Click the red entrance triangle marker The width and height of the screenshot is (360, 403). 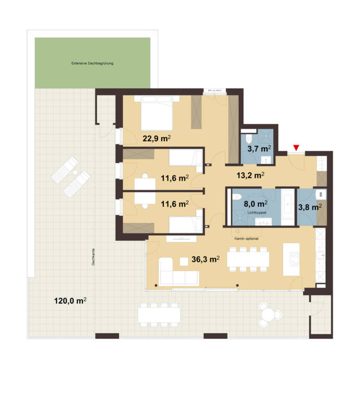pos(296,148)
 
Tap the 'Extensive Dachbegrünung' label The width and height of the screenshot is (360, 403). pos(92,63)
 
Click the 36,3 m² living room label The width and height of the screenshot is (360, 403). pos(204,258)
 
